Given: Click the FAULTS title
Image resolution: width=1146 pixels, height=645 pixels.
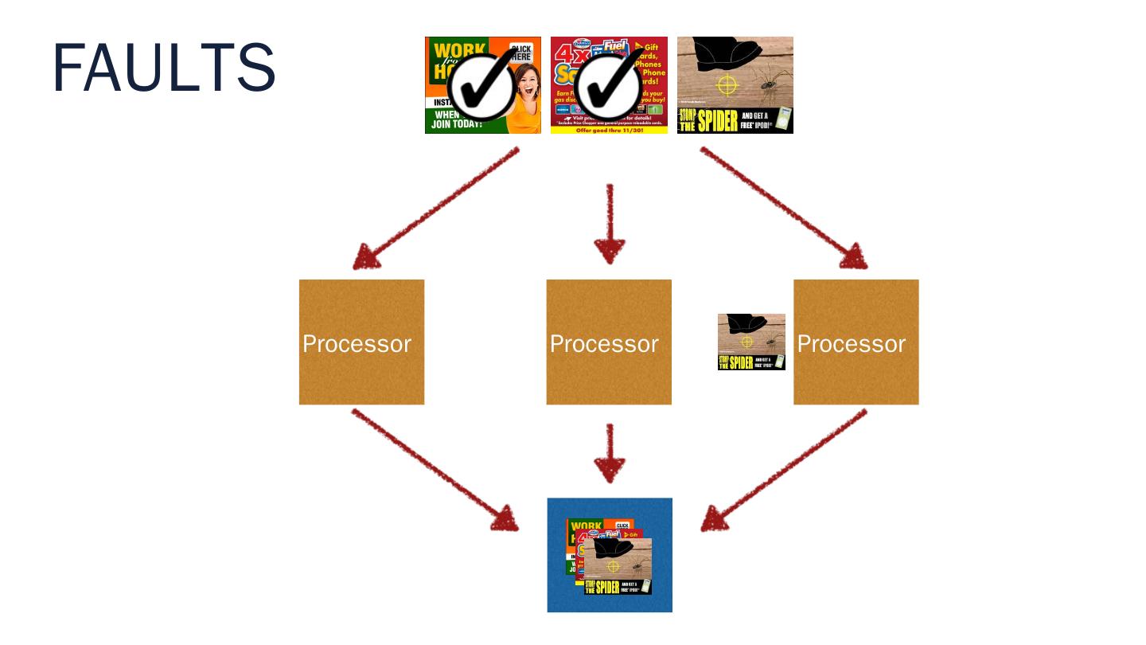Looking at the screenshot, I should pyautogui.click(x=164, y=69).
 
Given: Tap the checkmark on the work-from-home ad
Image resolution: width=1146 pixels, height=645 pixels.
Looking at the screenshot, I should pyautogui.click(x=480, y=88).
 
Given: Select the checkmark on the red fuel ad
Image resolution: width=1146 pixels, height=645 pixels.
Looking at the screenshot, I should pyautogui.click(x=608, y=88).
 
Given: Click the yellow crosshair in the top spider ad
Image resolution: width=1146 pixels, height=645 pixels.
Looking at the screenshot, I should pyautogui.click(x=727, y=84).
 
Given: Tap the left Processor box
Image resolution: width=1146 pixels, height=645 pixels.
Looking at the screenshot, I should pyautogui.click(x=361, y=342).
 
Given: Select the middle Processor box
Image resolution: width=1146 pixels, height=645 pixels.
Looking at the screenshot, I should pyautogui.click(x=609, y=342).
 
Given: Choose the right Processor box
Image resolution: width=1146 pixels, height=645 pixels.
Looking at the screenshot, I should pyautogui.click(x=856, y=342).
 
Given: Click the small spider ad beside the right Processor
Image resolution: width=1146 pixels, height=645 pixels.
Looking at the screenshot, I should pyautogui.click(x=751, y=342).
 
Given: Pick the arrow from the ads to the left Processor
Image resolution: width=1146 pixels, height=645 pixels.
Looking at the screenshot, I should pyautogui.click(x=435, y=209).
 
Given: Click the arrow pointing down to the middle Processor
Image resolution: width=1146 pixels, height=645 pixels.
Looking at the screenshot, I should pyautogui.click(x=610, y=224).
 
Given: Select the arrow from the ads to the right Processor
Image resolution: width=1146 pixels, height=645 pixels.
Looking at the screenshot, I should pyautogui.click(x=783, y=209).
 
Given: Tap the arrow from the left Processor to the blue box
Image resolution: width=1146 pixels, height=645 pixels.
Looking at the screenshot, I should pyautogui.click(x=435, y=470).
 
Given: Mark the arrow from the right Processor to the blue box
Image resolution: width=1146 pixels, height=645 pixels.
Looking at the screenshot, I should pyautogui.click(x=784, y=470).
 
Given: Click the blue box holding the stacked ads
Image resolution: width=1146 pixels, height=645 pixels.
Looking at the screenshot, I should pyautogui.click(x=610, y=555).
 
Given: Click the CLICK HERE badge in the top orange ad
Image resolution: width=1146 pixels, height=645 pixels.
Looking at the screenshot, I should pyautogui.click(x=520, y=54).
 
